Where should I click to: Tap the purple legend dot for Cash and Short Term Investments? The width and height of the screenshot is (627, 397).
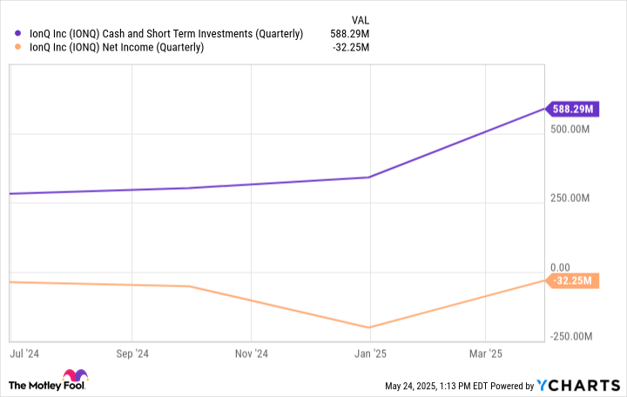(x=18, y=34)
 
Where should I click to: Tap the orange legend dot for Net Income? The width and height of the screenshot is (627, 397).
(x=18, y=47)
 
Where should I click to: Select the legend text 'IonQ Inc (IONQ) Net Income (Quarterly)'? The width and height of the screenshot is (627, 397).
(x=117, y=47)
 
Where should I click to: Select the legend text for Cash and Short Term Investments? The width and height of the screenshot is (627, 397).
(x=166, y=34)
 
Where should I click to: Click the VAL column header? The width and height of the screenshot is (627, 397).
(x=359, y=18)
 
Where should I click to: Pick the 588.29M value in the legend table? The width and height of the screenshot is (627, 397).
(x=348, y=34)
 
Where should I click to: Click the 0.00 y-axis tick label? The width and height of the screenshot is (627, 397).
(x=560, y=267)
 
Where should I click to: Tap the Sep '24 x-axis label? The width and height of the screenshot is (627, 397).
(x=131, y=353)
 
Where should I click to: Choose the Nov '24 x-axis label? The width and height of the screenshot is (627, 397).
(x=251, y=353)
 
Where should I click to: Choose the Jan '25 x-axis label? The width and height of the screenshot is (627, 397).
(x=369, y=353)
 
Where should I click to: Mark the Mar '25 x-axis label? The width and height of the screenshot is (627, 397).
(x=485, y=353)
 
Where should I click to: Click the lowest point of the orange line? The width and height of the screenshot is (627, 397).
(x=369, y=327)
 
